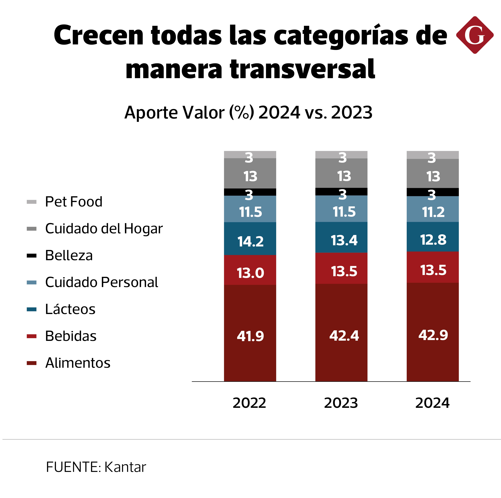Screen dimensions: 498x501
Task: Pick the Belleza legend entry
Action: [x=69, y=256]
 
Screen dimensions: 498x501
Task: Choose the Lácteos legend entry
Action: [x=70, y=309]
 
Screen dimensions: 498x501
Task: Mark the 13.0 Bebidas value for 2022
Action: [x=250, y=273]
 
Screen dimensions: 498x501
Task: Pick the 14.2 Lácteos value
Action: [x=250, y=241]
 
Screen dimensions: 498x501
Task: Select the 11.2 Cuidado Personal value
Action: [x=433, y=212]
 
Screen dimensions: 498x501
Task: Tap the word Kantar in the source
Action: [x=125, y=467]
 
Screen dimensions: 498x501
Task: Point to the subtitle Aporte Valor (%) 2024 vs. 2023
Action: [x=248, y=112]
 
